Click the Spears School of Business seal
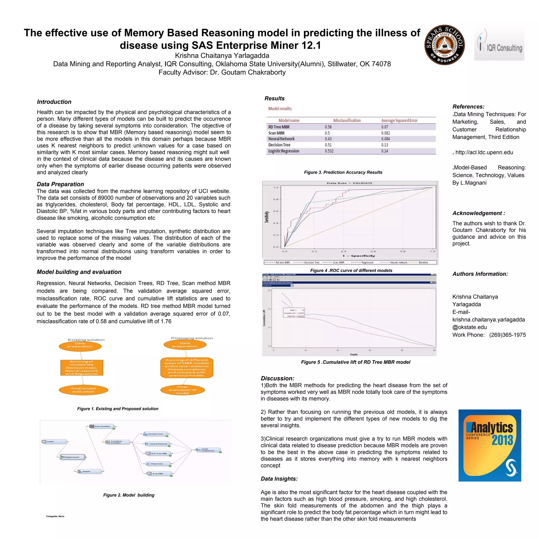coord(445,45)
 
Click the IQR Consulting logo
coord(499,42)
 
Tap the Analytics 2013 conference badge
coord(490,445)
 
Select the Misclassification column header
coord(347,121)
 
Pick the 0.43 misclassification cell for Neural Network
coord(328,139)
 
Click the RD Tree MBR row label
coord(279,127)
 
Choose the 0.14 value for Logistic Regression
coord(385,151)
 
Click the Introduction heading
coord(54,102)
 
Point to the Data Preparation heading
coord(60,184)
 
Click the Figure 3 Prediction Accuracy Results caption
coord(343,172)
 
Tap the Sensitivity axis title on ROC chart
coord(267,217)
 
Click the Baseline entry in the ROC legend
coord(423,262)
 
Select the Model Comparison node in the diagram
coord(208,450)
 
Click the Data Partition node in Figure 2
coord(102,426)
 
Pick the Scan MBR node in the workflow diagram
coord(158,473)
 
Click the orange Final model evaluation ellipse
coord(83,390)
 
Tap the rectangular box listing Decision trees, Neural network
coord(82,367)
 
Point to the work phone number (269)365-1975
coord(507,335)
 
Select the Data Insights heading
coord(279,479)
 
